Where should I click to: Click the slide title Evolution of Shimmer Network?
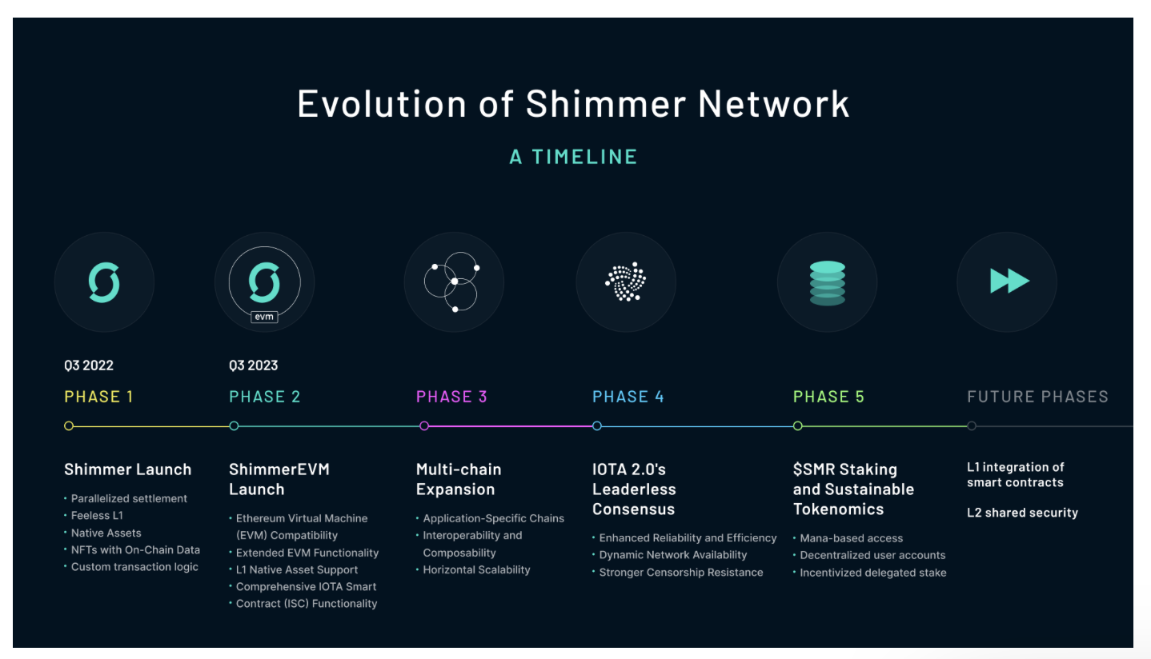[x=573, y=105]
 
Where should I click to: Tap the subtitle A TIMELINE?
[x=573, y=157]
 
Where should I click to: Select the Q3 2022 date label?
[x=89, y=365]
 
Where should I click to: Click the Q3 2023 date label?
[x=253, y=365]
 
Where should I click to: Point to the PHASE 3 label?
[x=451, y=397]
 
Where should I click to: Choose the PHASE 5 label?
[x=828, y=397]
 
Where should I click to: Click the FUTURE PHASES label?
[x=1037, y=397]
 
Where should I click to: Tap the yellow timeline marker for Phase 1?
[x=69, y=426]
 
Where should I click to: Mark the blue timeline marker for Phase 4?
[x=597, y=426]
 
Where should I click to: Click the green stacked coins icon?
[x=827, y=282]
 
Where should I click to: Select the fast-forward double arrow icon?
[x=1009, y=282]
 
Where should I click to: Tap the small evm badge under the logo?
[x=264, y=317]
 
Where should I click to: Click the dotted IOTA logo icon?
[x=626, y=282]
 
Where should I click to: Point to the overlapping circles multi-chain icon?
[x=453, y=282]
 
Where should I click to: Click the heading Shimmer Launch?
[x=128, y=469]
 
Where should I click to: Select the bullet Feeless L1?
[x=97, y=516]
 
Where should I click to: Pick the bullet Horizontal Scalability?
[x=476, y=570]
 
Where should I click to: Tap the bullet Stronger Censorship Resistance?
[x=680, y=573]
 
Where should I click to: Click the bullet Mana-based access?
[x=851, y=538]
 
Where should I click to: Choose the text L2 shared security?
[x=1022, y=513]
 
